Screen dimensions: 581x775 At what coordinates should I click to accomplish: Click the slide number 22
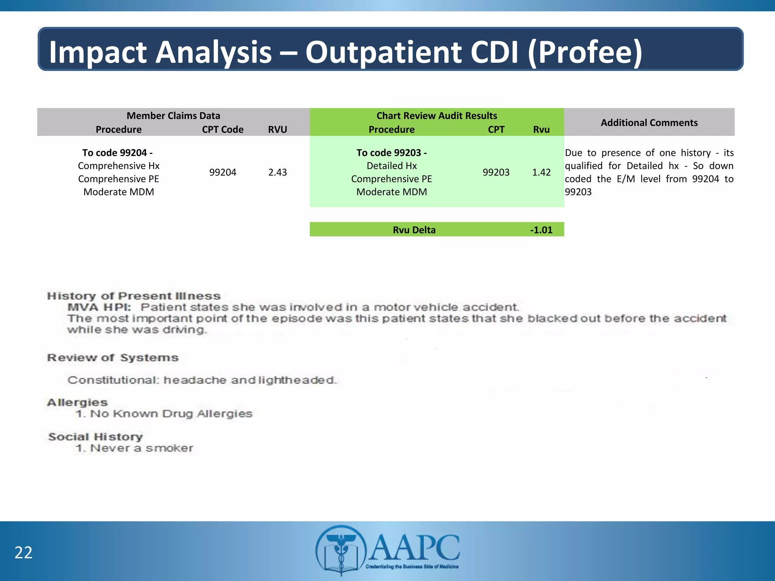[23, 553]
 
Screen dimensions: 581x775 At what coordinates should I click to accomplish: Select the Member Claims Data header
[173, 116]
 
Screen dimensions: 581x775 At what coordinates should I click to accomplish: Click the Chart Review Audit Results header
[437, 116]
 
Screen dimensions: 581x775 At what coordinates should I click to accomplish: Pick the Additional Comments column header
[649, 123]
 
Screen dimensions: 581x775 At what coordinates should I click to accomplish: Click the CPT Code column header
[223, 129]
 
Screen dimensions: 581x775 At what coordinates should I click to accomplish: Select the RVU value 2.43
[277, 172]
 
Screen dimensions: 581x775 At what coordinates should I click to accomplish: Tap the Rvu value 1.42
[541, 172]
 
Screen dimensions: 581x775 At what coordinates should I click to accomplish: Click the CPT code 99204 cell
[223, 172]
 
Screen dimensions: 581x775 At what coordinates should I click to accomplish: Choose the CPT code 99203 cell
[496, 172]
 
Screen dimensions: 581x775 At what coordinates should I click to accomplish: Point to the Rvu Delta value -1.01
[541, 230]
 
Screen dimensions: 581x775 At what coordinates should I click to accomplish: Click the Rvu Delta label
[414, 230]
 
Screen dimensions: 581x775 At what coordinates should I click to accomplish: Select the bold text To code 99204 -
[117, 153]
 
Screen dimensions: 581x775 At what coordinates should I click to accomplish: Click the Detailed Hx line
[392, 166]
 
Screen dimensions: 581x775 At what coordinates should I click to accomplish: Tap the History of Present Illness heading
[134, 296]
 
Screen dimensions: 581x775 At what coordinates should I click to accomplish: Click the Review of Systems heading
[112, 357]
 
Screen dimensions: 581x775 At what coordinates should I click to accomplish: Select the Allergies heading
[77, 402]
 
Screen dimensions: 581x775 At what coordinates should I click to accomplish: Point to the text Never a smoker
[141, 448]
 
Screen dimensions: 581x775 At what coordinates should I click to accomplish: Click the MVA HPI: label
[99, 307]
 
